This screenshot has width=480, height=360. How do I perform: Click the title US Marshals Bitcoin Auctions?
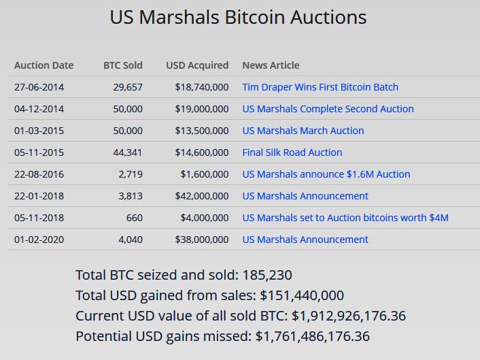(238, 18)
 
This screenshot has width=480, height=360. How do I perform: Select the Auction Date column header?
(44, 65)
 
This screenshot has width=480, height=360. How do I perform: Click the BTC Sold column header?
(123, 65)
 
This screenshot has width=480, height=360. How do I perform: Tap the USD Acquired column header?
(197, 65)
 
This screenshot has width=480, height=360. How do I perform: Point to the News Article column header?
(271, 65)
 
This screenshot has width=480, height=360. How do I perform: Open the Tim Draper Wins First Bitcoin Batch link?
(320, 87)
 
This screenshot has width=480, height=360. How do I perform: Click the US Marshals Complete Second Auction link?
(328, 109)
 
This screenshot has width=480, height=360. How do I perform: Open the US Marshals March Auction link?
(303, 131)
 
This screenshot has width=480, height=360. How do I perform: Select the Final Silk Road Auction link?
(292, 152)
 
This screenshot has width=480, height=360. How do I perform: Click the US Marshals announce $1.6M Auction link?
(326, 174)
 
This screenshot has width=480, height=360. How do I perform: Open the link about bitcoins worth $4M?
(345, 218)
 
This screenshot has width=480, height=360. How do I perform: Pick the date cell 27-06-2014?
(39, 87)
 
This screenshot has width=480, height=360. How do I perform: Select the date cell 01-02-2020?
(39, 240)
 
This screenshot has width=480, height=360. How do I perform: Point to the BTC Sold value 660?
(135, 218)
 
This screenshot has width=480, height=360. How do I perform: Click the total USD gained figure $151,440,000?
(302, 295)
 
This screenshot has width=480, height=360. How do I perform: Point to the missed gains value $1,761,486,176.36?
(313, 336)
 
